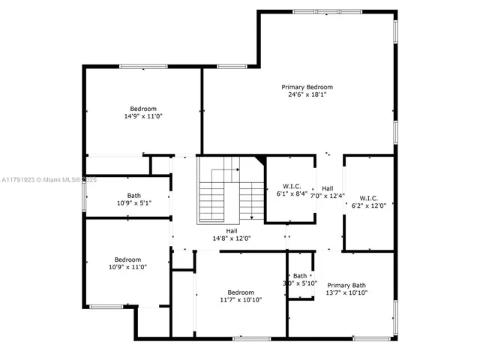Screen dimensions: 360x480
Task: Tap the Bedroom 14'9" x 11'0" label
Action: (143, 112)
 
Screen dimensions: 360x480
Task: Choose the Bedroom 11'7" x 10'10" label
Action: (241, 295)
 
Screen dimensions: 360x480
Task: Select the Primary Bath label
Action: (346, 285)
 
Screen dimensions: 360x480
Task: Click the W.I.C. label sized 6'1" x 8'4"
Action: (292, 190)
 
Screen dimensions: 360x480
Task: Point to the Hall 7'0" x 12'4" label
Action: (328, 192)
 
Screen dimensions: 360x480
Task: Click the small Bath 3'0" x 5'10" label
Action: (301, 279)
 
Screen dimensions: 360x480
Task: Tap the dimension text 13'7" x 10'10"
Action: (346, 292)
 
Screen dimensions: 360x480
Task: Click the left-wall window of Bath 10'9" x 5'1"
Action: (83, 196)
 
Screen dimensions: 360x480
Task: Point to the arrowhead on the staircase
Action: (251, 218)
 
